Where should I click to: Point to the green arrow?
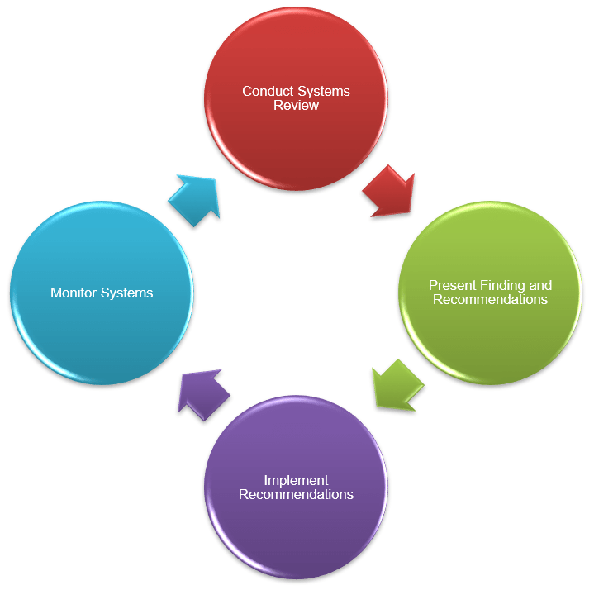point(397,384)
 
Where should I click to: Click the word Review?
point(296,105)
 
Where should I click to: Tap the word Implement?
point(296,480)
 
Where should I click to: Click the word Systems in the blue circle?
point(128,293)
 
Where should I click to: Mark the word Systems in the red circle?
point(323,91)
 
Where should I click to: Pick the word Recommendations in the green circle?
point(490,299)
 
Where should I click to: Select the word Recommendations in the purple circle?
point(296,494)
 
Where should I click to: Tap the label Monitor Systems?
point(102,293)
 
